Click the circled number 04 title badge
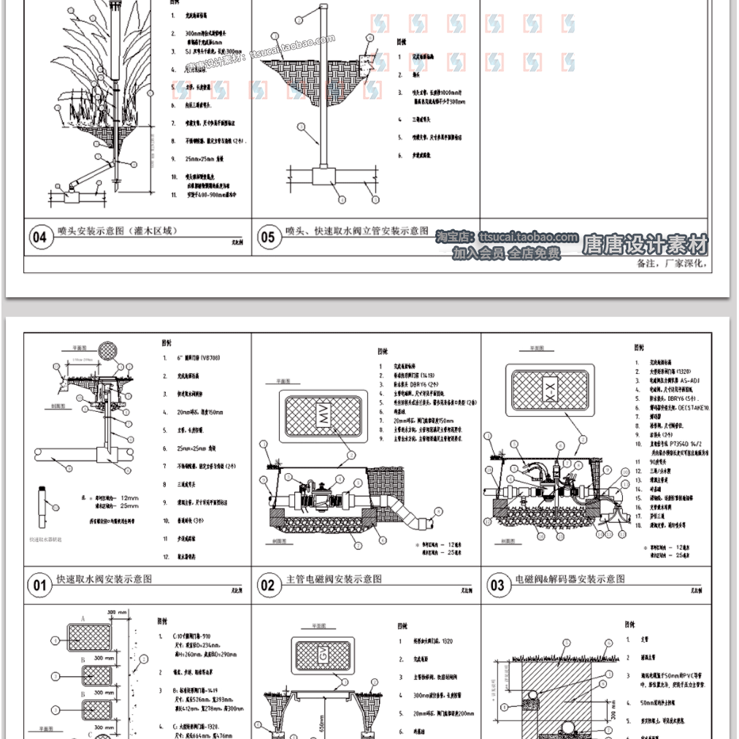(39, 237)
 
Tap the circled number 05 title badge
(268, 237)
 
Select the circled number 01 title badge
(39, 584)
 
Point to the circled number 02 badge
(268, 584)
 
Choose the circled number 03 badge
(497, 584)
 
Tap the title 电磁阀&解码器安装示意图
(570, 578)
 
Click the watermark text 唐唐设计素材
(645, 243)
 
